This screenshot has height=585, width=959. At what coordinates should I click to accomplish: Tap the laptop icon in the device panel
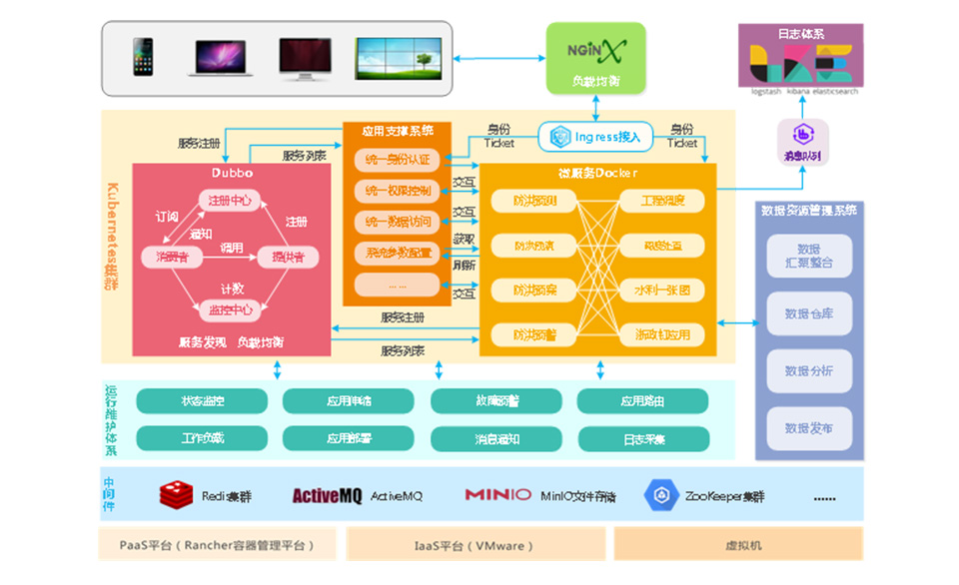point(220,58)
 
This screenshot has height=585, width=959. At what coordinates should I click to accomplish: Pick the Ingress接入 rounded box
point(597,136)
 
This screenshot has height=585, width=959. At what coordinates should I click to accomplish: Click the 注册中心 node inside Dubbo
point(230,201)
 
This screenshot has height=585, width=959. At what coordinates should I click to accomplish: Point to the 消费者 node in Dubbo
point(172,257)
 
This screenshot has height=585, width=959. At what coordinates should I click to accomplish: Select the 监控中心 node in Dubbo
point(230,308)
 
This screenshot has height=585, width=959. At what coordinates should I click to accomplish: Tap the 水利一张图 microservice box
point(654,291)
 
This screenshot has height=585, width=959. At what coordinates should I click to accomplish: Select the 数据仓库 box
point(809,313)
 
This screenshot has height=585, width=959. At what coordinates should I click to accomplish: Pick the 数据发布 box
point(809,427)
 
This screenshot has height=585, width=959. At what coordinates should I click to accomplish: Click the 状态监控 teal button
point(202,401)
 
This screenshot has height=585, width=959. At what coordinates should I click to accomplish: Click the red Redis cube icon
point(177,494)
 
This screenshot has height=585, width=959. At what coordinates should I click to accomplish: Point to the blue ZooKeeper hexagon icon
point(661,494)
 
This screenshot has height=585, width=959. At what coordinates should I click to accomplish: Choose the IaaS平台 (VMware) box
point(476,545)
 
